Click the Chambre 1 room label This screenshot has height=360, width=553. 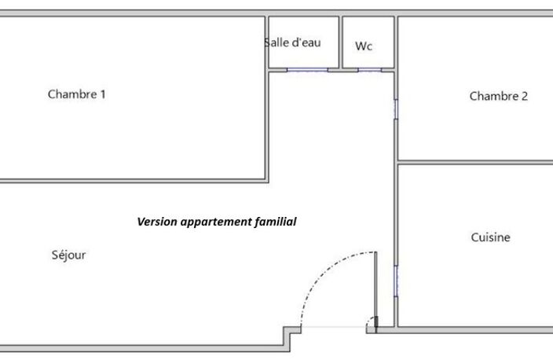(76, 94)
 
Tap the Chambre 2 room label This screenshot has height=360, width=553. (498, 96)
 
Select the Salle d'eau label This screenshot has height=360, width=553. (292, 42)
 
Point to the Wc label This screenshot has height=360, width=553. (364, 46)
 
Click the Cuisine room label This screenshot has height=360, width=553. (491, 237)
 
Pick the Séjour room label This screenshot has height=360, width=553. (68, 255)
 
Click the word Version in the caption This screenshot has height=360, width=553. (157, 222)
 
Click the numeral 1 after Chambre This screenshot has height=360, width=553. (103, 94)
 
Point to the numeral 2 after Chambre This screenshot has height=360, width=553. (525, 96)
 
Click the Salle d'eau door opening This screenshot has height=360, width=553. (307, 70)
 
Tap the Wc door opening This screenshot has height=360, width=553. (370, 70)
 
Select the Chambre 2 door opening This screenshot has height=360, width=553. (396, 109)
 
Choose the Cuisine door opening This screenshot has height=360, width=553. (396, 281)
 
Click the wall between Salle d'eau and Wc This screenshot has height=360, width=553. (341, 42)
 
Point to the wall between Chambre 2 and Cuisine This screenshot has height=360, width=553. (475, 163)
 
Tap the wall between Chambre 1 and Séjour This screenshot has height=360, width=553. (134, 181)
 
